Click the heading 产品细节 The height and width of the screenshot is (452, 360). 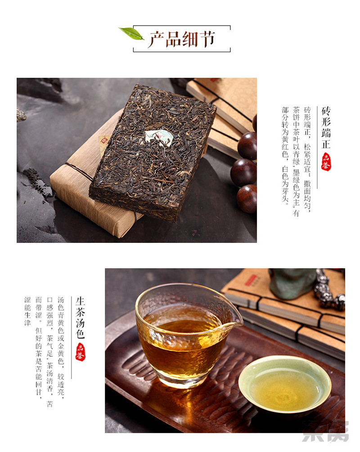pos(182,39)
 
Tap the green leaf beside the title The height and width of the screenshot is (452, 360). pos(131,33)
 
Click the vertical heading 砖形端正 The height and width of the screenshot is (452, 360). pos(326,127)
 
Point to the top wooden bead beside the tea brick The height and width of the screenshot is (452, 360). pos(247,145)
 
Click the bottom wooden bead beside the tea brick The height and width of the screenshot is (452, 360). pos(247,199)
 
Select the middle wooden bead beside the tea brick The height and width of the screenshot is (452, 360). pos(244,172)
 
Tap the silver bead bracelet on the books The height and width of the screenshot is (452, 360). pos(329,290)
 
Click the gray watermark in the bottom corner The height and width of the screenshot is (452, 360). pos(325,431)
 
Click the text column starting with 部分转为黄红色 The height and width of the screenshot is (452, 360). pos(285,156)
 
